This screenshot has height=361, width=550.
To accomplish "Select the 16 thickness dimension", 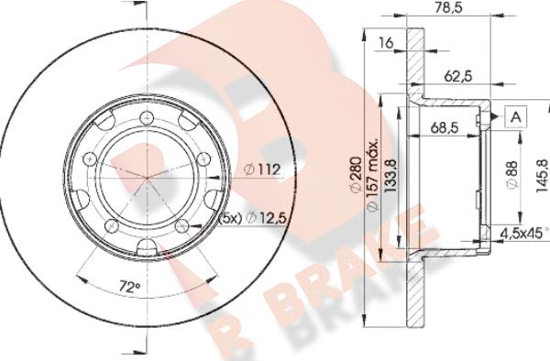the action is click(386, 43).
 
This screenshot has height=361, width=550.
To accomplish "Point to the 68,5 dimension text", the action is click(445, 127).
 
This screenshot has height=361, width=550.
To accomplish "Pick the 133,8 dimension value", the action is click(390, 176).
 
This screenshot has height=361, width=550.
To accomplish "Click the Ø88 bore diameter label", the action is click(512, 174).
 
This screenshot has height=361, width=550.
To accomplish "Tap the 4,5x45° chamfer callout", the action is click(524, 233).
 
